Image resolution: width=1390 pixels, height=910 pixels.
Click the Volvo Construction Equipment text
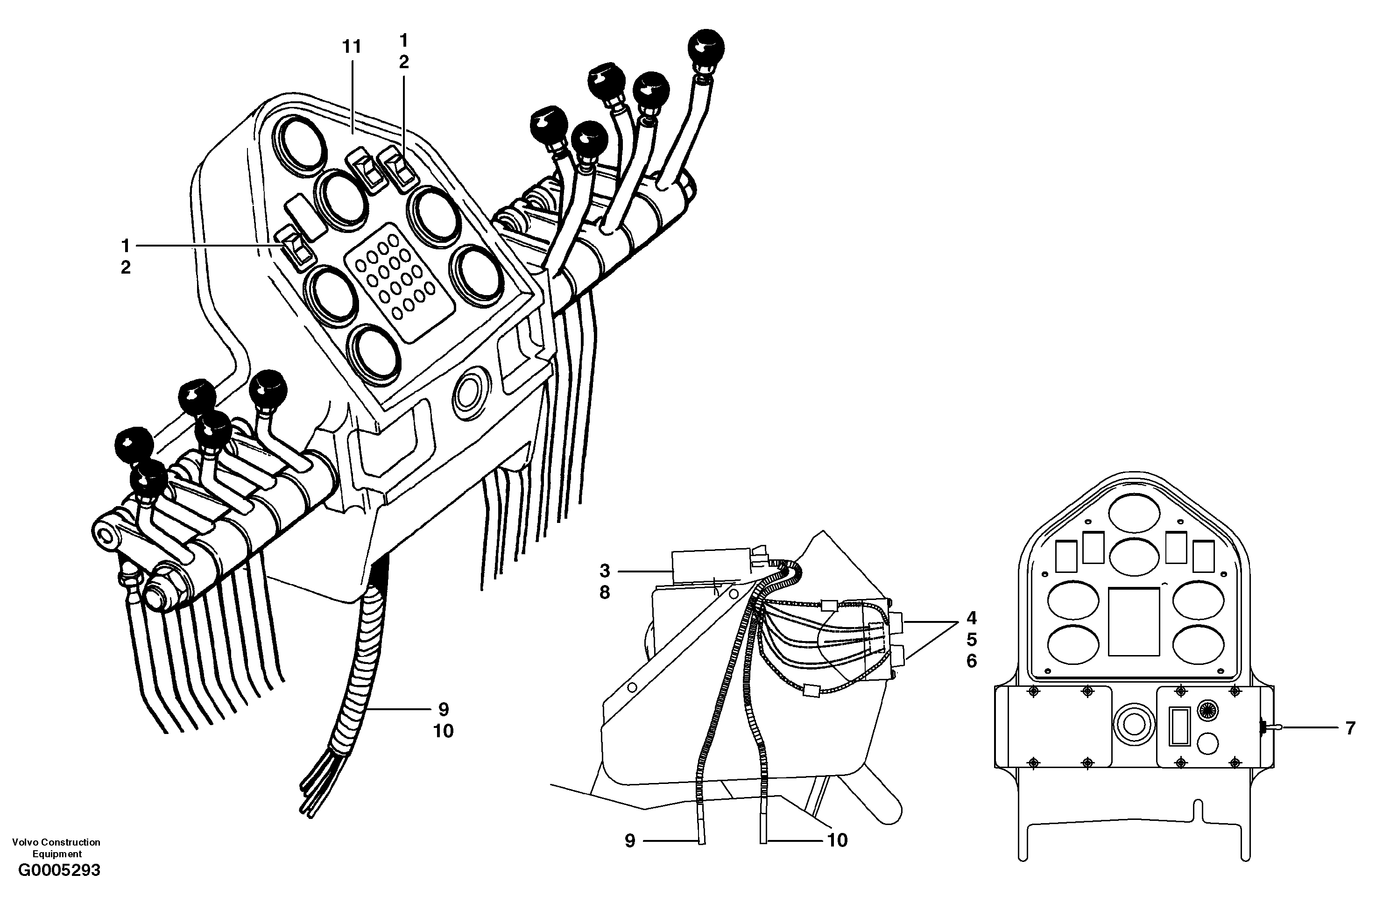[x=56, y=847]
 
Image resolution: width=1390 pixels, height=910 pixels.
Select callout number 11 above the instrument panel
[x=352, y=47]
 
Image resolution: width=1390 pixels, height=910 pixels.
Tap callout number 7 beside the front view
[x=1350, y=728]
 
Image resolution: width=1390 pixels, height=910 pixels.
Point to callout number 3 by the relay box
[x=605, y=571]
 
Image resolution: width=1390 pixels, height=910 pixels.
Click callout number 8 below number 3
[x=605, y=592]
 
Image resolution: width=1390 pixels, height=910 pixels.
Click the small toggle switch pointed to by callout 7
[x=1266, y=728]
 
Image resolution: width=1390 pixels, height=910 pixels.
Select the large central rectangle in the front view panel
[x=1134, y=621]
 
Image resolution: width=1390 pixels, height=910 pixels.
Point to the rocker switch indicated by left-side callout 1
[x=296, y=249]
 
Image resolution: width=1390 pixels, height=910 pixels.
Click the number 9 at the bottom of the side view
[x=629, y=840]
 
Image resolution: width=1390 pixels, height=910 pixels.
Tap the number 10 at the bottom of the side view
[x=837, y=840]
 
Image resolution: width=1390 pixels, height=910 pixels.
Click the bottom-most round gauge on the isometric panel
[x=374, y=354]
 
